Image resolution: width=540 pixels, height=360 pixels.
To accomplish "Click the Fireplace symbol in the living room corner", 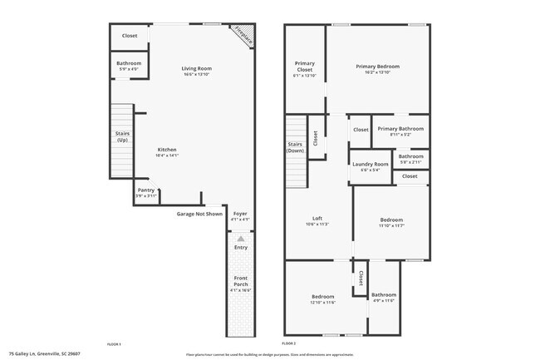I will [x=243, y=34].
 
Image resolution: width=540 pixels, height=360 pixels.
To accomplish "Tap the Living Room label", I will [x=198, y=68].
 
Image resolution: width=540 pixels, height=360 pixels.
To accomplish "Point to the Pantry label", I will [x=146, y=190].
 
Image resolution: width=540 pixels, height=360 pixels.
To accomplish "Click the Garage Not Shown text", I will [x=199, y=214].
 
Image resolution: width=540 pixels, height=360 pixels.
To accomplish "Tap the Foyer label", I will [x=240, y=214].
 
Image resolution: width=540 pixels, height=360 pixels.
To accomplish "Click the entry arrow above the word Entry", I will [x=241, y=239].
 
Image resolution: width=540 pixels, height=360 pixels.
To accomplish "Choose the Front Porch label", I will [x=240, y=281].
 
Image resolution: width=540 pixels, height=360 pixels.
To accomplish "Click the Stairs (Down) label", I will [x=295, y=147].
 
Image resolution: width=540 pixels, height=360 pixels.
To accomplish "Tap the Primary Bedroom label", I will [x=378, y=66].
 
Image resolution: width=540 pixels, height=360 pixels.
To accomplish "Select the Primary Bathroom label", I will [x=400, y=129].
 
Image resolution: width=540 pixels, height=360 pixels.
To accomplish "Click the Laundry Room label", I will [x=371, y=164].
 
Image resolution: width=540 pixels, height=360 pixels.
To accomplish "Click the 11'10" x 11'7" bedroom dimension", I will [x=391, y=226].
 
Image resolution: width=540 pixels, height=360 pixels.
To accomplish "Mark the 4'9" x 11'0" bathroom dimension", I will [x=384, y=301].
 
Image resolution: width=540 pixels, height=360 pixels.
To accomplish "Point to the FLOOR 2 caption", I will [x=289, y=343].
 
